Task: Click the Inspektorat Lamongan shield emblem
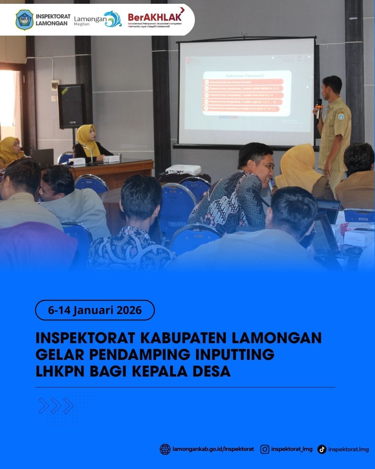[x=25, y=20]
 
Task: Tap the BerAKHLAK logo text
[x=155, y=17]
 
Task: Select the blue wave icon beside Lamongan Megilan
[x=113, y=19]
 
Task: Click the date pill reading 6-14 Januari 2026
[x=95, y=310]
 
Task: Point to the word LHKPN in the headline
[x=60, y=371]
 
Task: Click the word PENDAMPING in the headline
[x=139, y=354]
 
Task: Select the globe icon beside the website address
[x=165, y=449]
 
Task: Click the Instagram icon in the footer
[x=265, y=449]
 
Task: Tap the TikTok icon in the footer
[x=322, y=449]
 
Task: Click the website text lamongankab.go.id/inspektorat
[x=213, y=449]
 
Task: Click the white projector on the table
[x=183, y=170]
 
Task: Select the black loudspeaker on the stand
[x=72, y=106]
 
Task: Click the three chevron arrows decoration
[x=56, y=405]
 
